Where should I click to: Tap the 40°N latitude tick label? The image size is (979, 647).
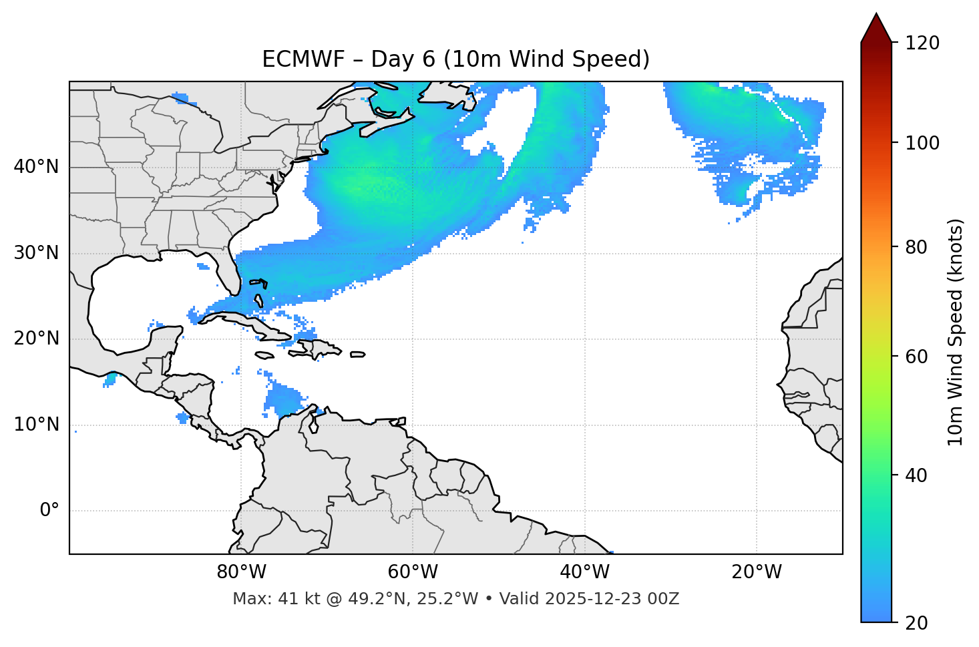coord(36,167)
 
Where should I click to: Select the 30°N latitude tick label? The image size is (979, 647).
coord(36,253)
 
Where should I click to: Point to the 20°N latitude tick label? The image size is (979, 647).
coord(36,339)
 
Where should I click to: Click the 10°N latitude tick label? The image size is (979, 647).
coord(36,425)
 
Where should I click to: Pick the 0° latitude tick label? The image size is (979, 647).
coord(49,511)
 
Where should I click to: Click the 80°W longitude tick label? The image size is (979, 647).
coord(241,572)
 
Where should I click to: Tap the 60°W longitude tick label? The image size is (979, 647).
coord(413,572)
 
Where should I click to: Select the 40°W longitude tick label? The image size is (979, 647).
coord(584,572)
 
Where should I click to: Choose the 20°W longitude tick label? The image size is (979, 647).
coord(756,572)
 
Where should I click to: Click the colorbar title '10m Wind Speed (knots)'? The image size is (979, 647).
coord(956,332)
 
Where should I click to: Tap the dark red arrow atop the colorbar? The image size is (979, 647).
coord(876,28)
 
